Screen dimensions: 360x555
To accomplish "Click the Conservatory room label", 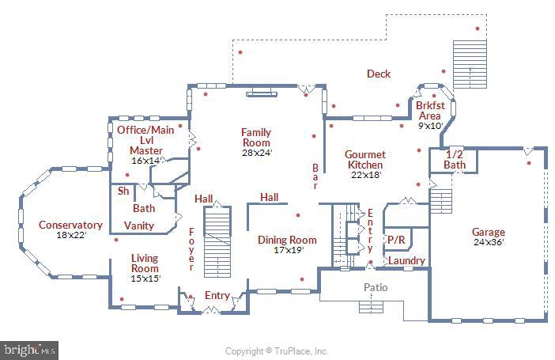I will pos(70,225).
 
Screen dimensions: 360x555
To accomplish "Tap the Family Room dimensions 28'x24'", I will pos(257,153).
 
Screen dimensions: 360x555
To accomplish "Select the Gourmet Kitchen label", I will pos(365,159).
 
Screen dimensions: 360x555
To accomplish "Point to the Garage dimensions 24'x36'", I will pos(488,243).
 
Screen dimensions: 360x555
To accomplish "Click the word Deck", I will pos(379,74).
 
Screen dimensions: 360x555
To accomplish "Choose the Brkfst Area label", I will pos(429,110).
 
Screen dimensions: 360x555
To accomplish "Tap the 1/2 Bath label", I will pos(455,159).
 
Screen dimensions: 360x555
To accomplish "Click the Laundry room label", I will pos(406,260).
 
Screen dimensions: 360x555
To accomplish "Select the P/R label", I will pos(395,239).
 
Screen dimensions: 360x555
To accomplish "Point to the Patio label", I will pos(375,287).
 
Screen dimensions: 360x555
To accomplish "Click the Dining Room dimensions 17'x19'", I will pos(287,250).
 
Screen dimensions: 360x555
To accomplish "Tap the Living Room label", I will pos(145,263).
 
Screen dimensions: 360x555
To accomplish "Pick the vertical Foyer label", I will pos(191,249).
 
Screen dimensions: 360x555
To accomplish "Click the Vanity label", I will pos(139,225).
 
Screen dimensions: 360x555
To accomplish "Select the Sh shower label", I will pos(123,191).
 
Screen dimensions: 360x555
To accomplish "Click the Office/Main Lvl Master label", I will pos(145,139).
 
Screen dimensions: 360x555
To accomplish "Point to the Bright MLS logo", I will pos(29,348).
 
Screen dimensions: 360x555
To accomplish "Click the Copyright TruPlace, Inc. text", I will pos(277,351).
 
